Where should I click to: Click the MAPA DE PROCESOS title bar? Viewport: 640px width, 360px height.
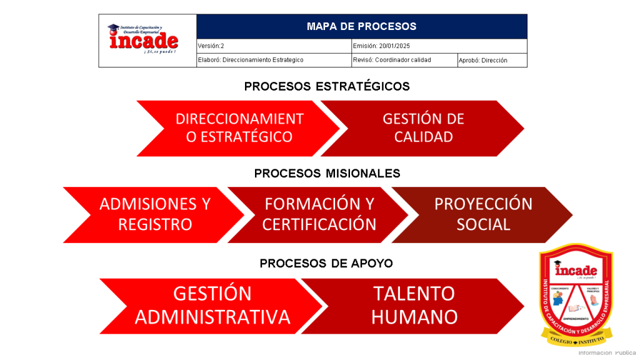click(x=361, y=26)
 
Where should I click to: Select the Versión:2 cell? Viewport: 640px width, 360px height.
click(x=274, y=46)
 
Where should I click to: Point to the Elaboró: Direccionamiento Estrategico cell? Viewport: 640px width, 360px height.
click(x=274, y=60)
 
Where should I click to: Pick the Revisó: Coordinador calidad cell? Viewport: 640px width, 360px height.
click(x=404, y=60)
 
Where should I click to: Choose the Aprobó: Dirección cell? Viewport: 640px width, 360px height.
click(x=491, y=61)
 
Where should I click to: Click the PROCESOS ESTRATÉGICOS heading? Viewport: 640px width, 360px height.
click(x=327, y=86)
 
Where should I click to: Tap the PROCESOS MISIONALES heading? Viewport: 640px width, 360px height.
click(x=327, y=173)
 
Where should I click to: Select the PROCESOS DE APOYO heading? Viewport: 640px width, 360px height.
click(x=326, y=263)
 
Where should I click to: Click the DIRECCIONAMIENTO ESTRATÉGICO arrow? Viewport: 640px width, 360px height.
click(x=239, y=128)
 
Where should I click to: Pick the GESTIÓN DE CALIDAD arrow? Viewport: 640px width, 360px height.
click(x=424, y=128)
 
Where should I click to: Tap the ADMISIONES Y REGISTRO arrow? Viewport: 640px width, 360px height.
click(x=154, y=214)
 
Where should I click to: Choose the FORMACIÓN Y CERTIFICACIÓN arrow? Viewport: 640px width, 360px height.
click(x=319, y=214)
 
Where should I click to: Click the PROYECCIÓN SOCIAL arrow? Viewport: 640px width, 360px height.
click(x=483, y=214)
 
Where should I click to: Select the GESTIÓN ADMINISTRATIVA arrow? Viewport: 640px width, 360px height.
click(x=212, y=306)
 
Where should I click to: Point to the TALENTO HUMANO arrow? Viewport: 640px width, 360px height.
click(x=414, y=306)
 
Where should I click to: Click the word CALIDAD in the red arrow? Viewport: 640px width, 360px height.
click(x=424, y=137)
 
